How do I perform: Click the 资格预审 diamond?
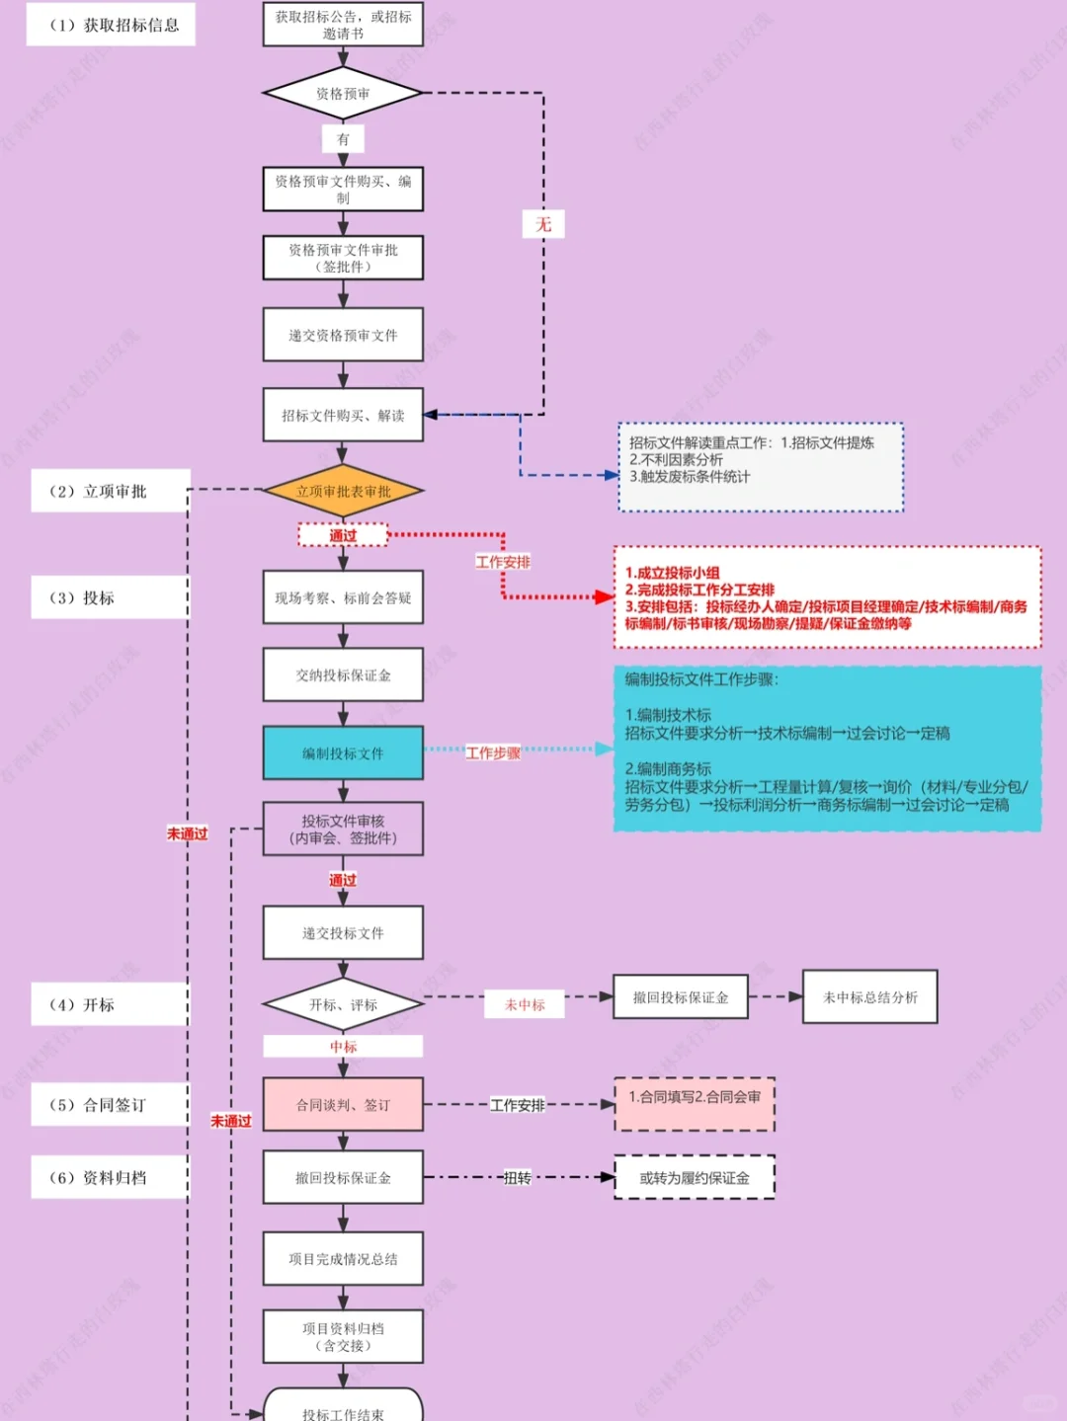click(x=343, y=94)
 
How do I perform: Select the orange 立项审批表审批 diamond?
click(x=343, y=491)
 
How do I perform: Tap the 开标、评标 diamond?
click(x=343, y=1004)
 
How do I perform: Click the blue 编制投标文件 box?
click(x=343, y=753)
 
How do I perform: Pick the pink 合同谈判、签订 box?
click(x=343, y=1105)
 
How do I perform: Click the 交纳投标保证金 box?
click(x=343, y=675)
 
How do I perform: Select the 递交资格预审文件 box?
click(x=343, y=336)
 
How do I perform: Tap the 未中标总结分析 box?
click(x=869, y=997)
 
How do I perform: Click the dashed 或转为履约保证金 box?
click(x=695, y=1177)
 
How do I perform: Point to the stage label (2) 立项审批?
click(x=110, y=491)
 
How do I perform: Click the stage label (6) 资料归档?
click(x=110, y=1177)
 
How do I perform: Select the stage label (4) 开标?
click(x=110, y=1004)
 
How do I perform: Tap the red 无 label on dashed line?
click(x=543, y=224)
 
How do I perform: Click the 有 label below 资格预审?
click(x=343, y=139)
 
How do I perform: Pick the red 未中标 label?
click(x=525, y=1004)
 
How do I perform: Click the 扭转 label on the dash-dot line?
click(x=518, y=1177)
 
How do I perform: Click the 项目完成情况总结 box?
click(x=343, y=1259)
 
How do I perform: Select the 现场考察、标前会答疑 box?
click(x=343, y=597)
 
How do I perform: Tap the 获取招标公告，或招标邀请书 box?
click(x=343, y=25)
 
